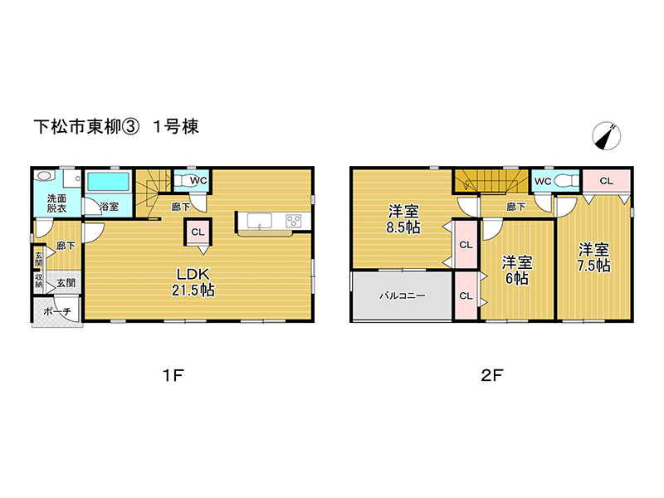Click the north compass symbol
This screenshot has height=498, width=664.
click(607, 136)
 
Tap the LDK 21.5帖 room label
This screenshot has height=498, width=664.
click(193, 282)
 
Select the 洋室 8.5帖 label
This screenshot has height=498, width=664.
click(403, 219)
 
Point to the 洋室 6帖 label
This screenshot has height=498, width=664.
click(516, 271)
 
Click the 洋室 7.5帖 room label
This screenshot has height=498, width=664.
click(593, 257)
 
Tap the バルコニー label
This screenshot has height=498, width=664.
click(402, 295)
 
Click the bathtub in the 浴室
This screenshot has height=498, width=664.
click(108, 182)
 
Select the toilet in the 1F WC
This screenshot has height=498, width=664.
click(183, 181)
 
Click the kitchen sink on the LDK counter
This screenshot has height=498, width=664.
click(259, 221)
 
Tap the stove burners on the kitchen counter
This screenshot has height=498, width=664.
click(293, 221)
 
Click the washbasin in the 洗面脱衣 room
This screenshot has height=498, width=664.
click(43, 176)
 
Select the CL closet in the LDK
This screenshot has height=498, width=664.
click(198, 232)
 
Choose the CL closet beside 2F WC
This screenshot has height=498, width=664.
click(607, 181)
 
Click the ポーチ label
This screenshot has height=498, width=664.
click(57, 312)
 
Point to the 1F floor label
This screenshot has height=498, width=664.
click(173, 375)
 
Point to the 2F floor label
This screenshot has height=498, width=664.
click(492, 375)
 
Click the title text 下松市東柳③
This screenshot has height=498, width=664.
click(86, 127)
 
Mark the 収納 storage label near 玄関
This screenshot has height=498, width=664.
click(38, 280)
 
